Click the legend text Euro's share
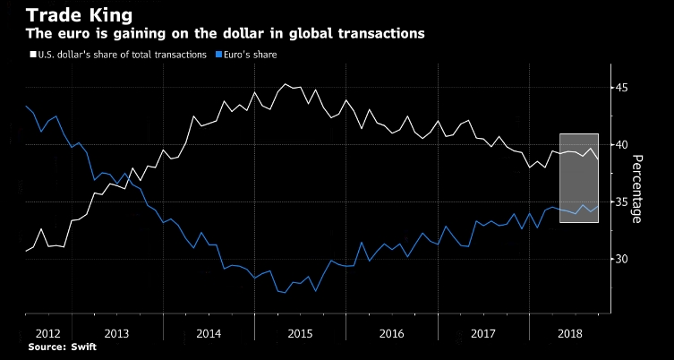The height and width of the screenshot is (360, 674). click(x=251, y=55)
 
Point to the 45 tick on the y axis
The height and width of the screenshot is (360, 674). click(x=621, y=87)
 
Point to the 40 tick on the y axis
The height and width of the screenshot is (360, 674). click(x=621, y=144)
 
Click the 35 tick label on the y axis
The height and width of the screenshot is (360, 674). click(x=621, y=201)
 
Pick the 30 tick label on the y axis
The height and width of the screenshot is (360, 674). click(x=621, y=259)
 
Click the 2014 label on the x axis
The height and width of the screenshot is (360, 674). click(x=209, y=332)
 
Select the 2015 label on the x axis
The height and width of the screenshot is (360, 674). click(x=301, y=332)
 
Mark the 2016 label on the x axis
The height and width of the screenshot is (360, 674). click(x=392, y=332)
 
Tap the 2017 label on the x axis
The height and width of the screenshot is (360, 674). click(x=483, y=332)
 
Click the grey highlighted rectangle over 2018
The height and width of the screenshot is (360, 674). click(x=578, y=177)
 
